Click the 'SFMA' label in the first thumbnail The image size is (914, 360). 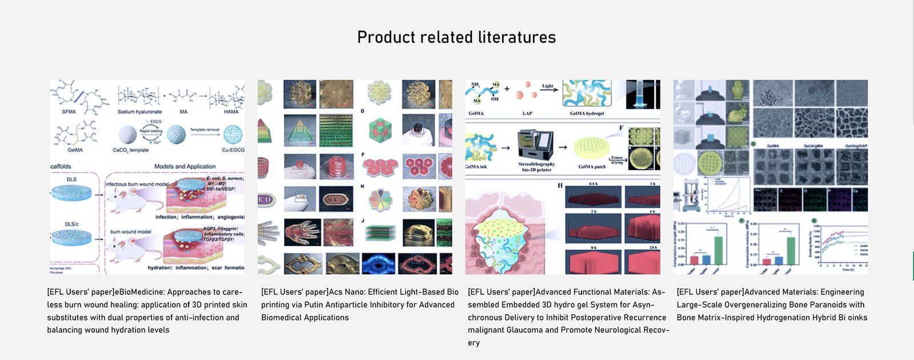[x=69, y=111]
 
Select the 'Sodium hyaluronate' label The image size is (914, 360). [x=139, y=112]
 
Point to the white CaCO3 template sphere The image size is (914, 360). [x=127, y=135]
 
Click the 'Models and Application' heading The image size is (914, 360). [x=185, y=166]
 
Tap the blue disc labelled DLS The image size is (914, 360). [x=71, y=193]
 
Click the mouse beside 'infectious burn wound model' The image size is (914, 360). [x=126, y=201]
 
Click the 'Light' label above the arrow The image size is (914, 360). [x=548, y=86]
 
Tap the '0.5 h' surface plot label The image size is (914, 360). [x=592, y=184]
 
